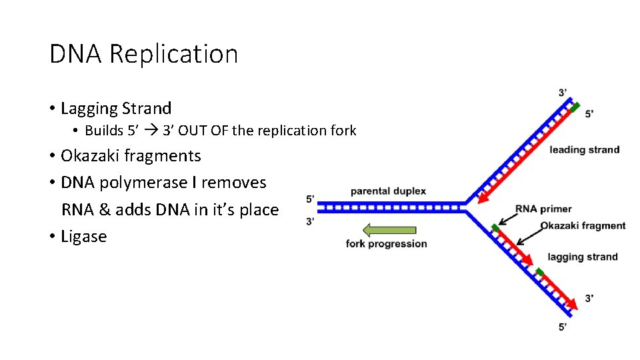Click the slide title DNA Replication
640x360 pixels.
pos(143,54)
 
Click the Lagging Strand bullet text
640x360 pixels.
pos(115,108)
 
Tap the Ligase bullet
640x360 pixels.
pos(83,237)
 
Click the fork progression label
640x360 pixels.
pos(386,244)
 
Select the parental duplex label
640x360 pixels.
pos(388,191)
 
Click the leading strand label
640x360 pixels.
pos(584,150)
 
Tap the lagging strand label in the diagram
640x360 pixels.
pos(582,257)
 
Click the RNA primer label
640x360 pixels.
pos(543,209)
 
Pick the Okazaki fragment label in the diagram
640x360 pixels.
pos(583,226)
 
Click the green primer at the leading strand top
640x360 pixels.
pos(574,107)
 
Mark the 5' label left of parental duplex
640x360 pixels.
pos(311,199)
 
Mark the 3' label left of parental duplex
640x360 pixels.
pos(311,221)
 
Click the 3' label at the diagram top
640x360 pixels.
pos(564,92)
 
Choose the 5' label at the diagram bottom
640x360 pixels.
pos(563,327)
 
